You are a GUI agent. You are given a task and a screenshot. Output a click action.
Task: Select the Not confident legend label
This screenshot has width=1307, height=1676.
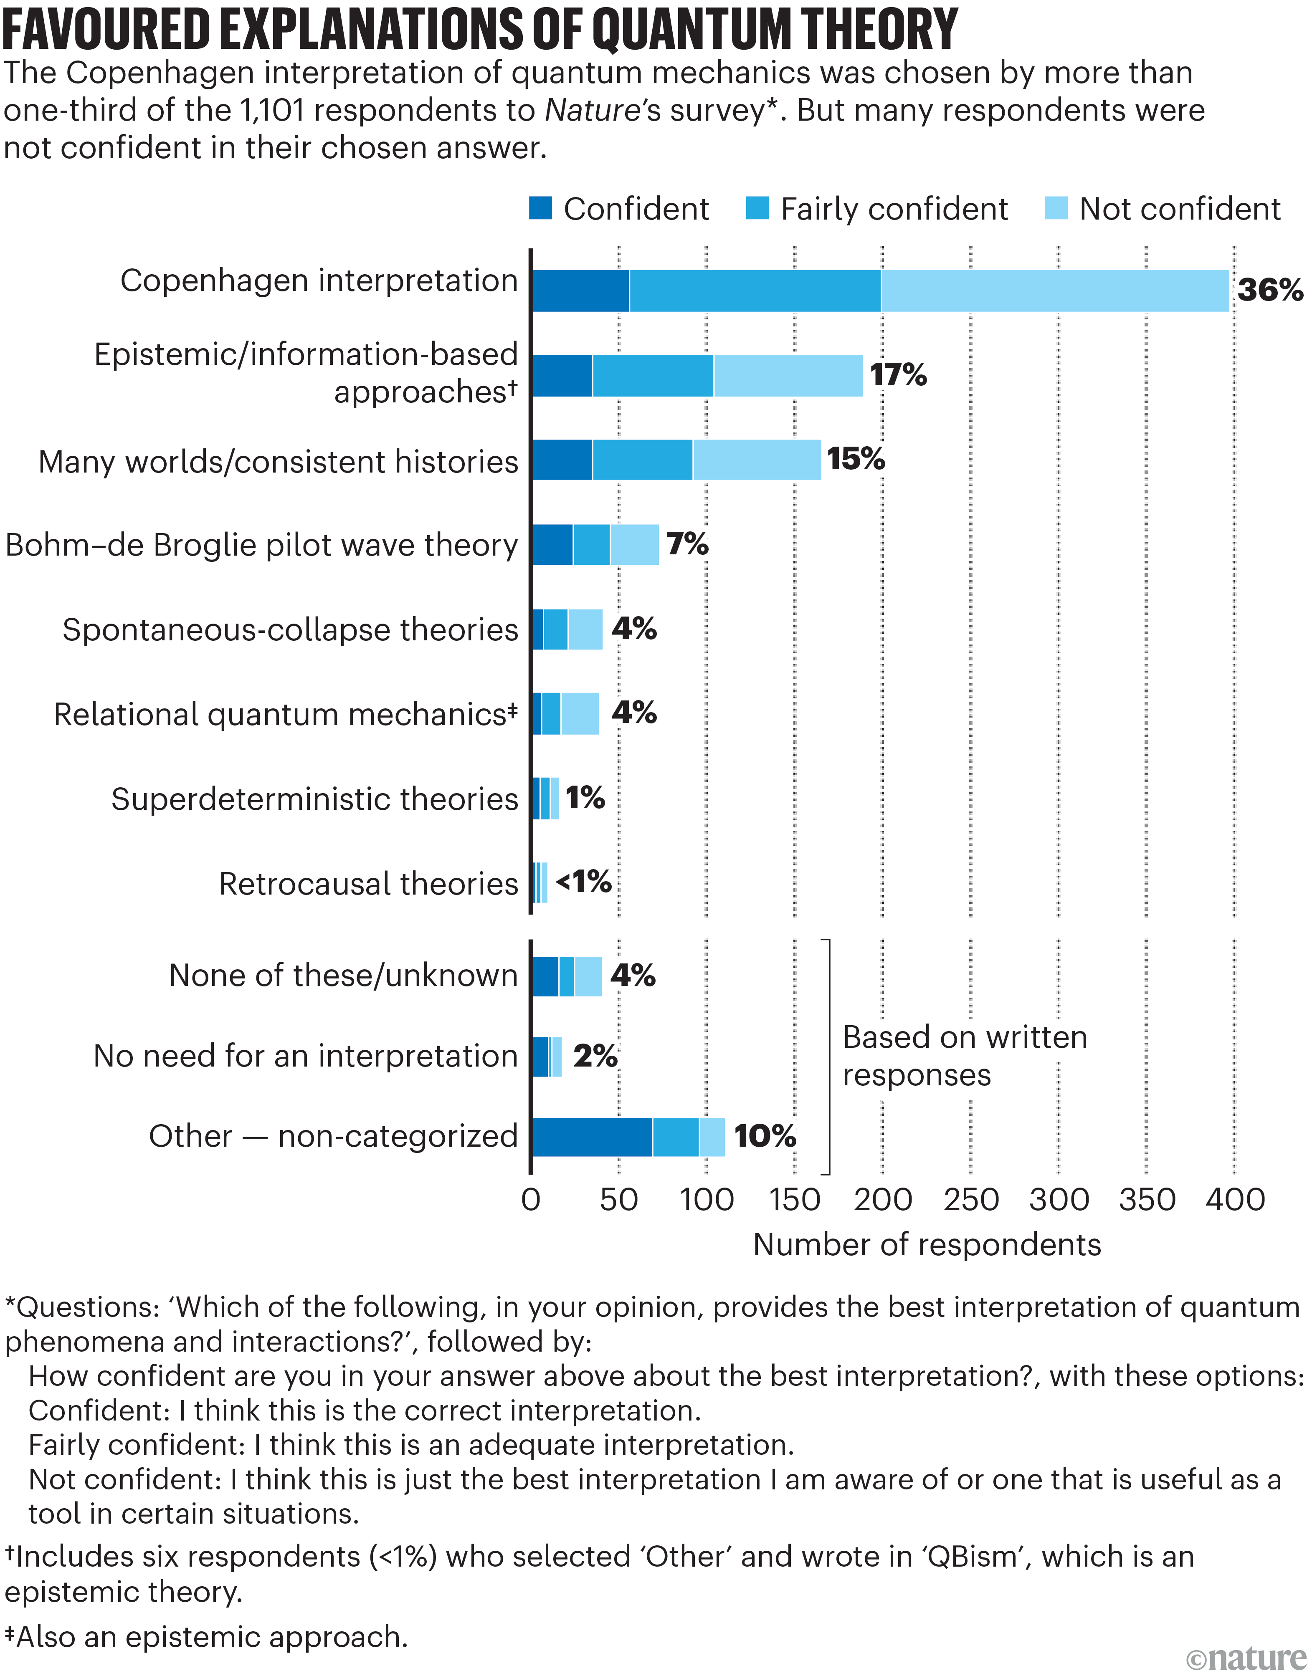1180,209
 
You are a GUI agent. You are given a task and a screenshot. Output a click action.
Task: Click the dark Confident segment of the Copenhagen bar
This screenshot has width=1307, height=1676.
580,291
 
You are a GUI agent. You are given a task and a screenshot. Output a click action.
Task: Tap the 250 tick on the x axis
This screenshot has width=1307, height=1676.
971,1199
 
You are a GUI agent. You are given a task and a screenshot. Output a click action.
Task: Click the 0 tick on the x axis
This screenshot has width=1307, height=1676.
530,1199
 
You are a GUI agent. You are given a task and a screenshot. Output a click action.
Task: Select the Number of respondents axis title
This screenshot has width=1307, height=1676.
926,1245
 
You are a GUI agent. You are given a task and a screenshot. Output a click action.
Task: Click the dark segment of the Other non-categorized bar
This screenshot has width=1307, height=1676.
592,1137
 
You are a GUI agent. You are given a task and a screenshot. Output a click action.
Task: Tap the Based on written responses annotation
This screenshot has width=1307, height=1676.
964,1056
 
